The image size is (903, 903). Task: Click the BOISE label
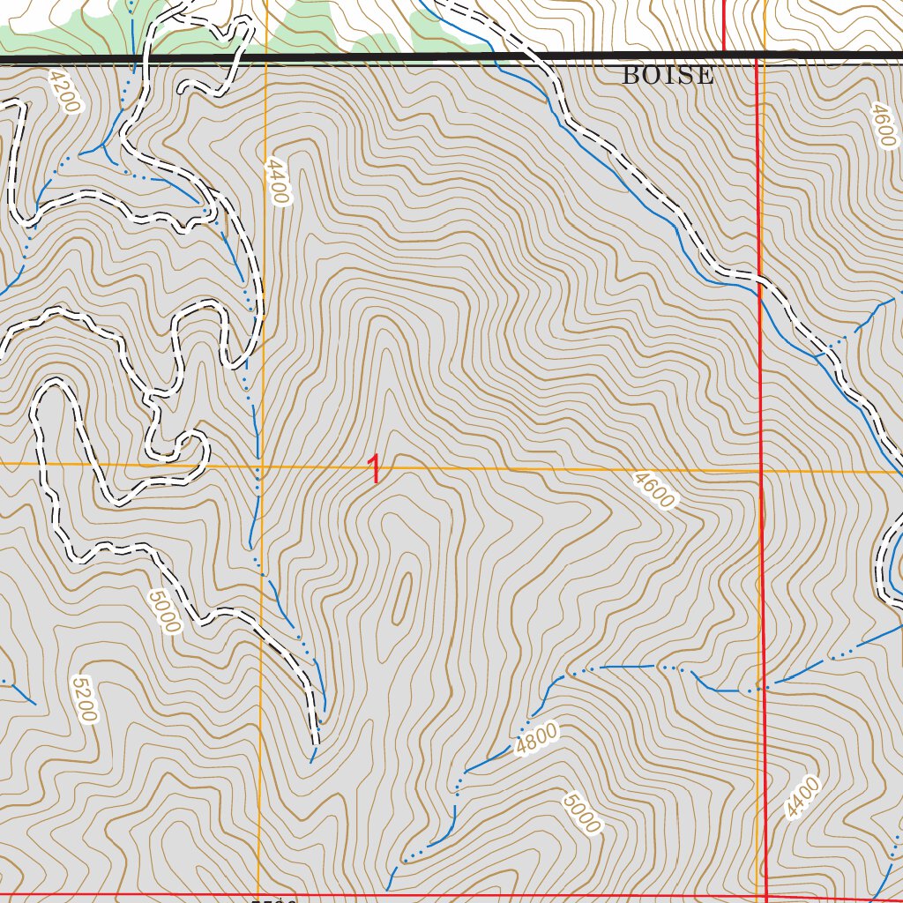pyautogui.click(x=668, y=76)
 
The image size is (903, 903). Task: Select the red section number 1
pyautogui.click(x=376, y=469)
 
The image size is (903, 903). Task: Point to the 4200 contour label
pyautogui.click(x=64, y=93)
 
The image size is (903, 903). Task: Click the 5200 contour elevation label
pyautogui.click(x=83, y=699)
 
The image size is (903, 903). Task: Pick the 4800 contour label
pyautogui.click(x=537, y=739)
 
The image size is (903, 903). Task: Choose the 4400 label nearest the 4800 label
pyautogui.click(x=801, y=799)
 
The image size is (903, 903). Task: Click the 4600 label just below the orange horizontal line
pyautogui.click(x=653, y=489)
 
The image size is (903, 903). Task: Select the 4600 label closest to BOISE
pyautogui.click(x=883, y=126)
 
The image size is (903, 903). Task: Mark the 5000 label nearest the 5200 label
pyautogui.click(x=165, y=612)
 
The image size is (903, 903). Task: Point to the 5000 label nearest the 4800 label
pyautogui.click(x=581, y=813)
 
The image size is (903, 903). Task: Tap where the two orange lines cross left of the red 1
pyautogui.click(x=261, y=465)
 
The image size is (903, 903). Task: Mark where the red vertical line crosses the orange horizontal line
pyautogui.click(x=760, y=471)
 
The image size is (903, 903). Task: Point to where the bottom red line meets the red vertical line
pyautogui.click(x=765, y=897)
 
